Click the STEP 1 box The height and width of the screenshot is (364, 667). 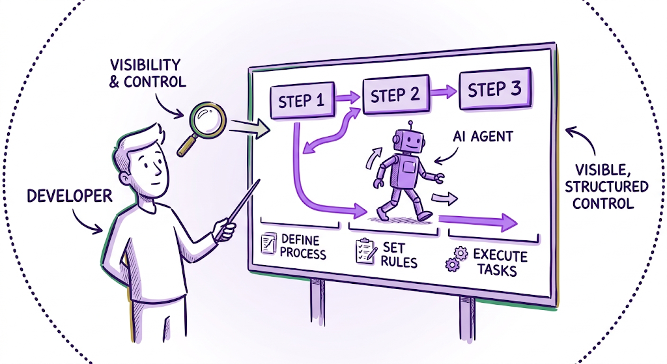[x=302, y=100]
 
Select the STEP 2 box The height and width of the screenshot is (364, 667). [x=395, y=94]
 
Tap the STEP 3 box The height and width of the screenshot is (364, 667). [x=495, y=89]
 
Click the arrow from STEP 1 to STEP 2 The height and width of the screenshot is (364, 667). [x=348, y=98]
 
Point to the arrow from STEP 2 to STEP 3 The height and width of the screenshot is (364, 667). [x=444, y=91]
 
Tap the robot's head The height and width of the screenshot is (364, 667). [x=408, y=141]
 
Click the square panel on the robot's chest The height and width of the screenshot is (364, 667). [x=409, y=167]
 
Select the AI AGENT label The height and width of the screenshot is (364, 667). [x=483, y=137]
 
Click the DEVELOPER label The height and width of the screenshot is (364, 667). [x=69, y=196]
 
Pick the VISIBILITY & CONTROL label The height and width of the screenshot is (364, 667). [x=147, y=73]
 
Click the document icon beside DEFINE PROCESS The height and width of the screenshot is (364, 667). [x=268, y=243]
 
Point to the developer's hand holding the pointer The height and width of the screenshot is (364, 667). [x=224, y=230]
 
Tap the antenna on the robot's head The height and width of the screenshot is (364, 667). [x=410, y=126]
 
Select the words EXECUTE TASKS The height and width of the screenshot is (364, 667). [x=500, y=262]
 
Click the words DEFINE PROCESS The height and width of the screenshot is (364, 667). [x=302, y=247]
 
